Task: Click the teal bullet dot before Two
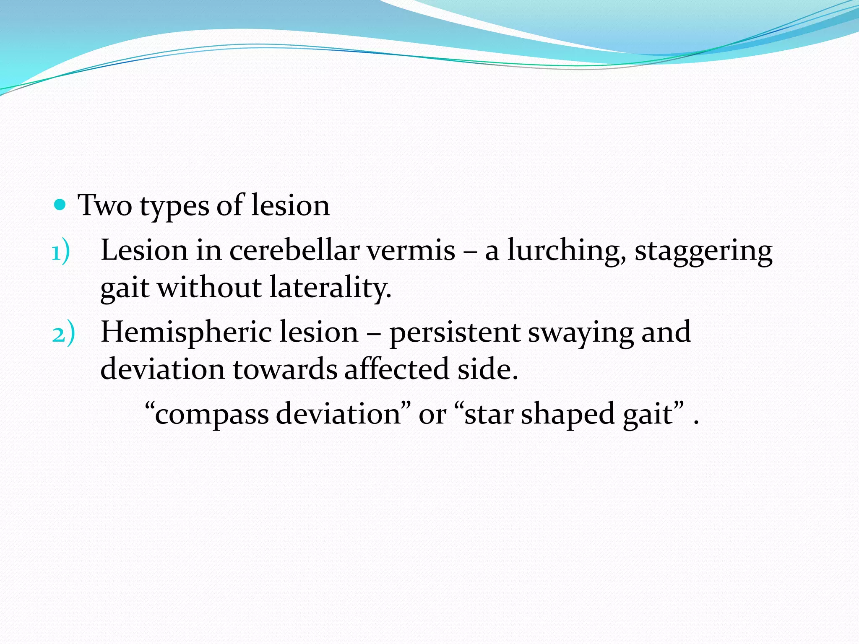[60, 205]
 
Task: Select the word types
[174, 207]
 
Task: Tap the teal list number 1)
[61, 253]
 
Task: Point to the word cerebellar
[294, 250]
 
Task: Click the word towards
[285, 369]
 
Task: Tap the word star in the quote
[489, 414]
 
